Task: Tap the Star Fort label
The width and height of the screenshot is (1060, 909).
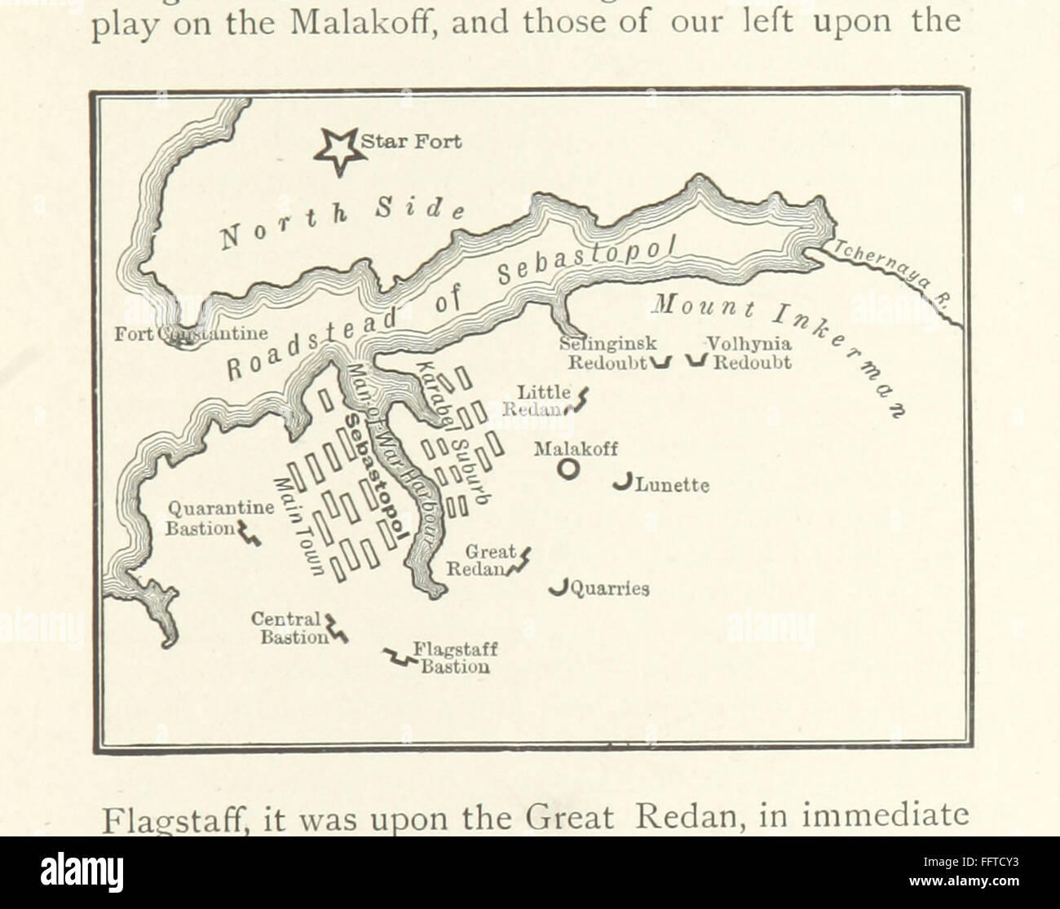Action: pyautogui.click(x=411, y=142)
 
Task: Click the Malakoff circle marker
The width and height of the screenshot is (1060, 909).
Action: pyautogui.click(x=568, y=469)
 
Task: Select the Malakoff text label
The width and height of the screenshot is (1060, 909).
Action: pyautogui.click(x=575, y=448)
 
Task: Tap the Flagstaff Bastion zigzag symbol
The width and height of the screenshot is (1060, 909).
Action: pyautogui.click(x=399, y=657)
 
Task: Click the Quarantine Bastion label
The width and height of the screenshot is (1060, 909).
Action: pyautogui.click(x=220, y=518)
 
